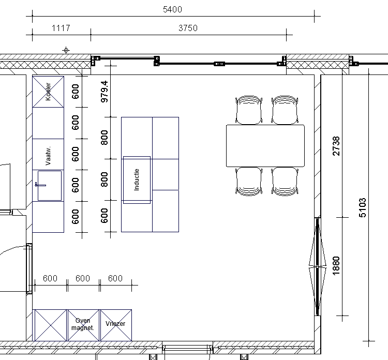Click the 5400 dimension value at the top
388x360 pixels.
coord(172,9)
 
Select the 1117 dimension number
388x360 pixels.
coord(61,28)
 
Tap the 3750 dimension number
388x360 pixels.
coord(188,28)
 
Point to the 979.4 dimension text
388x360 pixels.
coord(105,92)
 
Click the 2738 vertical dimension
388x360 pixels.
coord(336,146)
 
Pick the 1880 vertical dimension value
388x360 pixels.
coord(336,266)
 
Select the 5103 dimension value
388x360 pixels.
coord(362,207)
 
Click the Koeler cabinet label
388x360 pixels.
coord(48,92)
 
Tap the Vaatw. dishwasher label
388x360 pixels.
coord(48,156)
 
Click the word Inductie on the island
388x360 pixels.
coord(137,180)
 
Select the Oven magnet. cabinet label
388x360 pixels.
coord(83,324)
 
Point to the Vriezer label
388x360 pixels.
coord(115,324)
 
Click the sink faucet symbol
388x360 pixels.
coord(40,185)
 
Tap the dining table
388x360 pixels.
coord(265,146)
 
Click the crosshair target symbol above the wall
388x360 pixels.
coord(66,50)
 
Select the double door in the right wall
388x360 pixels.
coord(318,266)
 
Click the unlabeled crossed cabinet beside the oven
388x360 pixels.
coord(51,325)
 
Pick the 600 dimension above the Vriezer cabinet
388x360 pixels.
coord(115,278)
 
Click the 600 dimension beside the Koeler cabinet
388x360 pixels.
coord(75,92)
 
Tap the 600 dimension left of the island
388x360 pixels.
coord(105,216)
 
